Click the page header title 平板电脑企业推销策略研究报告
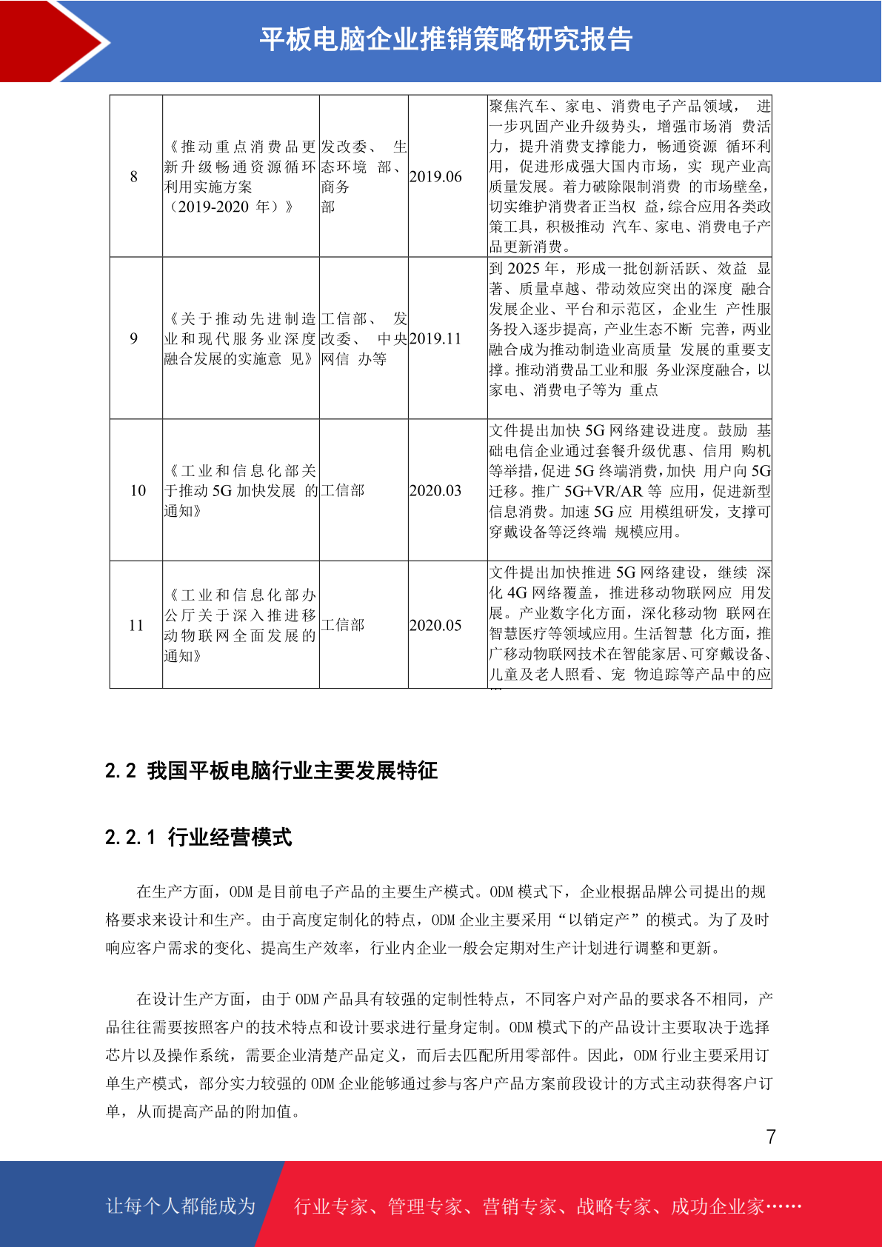coord(446,39)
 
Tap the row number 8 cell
coord(134,176)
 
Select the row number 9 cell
coord(134,338)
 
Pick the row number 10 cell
coord(138,490)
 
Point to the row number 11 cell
coord(136,625)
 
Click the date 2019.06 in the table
coord(435,176)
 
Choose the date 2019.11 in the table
coord(435,338)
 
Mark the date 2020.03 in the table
coord(435,490)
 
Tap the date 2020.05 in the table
coord(435,625)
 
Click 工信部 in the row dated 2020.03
coord(343,490)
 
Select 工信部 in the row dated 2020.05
coord(343,625)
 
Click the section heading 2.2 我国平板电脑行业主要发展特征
coord(271,771)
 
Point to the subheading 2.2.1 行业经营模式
coord(198,838)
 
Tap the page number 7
coord(771,1137)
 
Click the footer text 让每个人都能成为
coord(181,1206)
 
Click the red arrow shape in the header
coord(52,41)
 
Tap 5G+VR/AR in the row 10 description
coord(603,491)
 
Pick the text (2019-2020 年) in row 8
coord(231,207)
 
